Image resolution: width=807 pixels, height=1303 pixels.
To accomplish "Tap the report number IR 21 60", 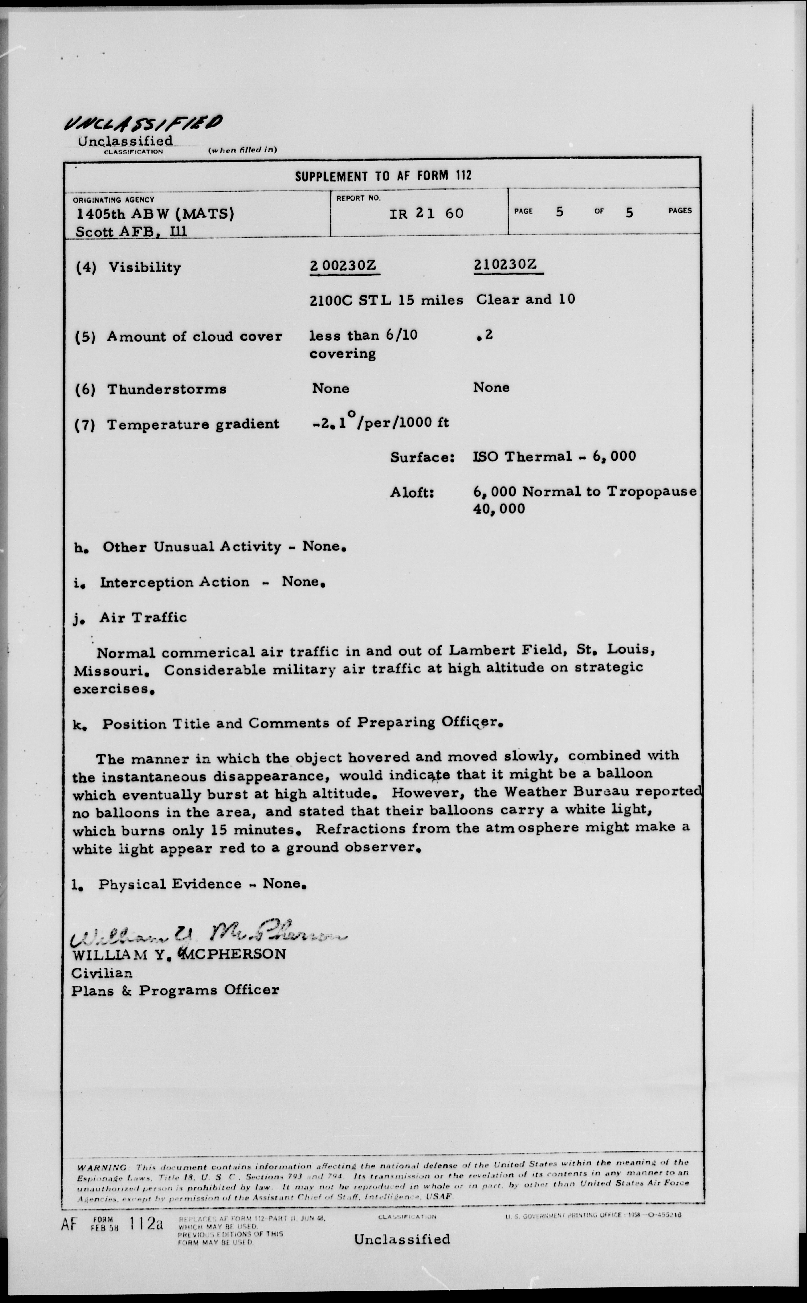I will [x=426, y=214].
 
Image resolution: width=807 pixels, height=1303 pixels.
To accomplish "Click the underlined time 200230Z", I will [x=344, y=265].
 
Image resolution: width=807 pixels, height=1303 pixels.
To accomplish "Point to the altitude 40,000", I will [x=499, y=508].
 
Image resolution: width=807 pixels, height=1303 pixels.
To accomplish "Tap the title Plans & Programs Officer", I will [x=175, y=990].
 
